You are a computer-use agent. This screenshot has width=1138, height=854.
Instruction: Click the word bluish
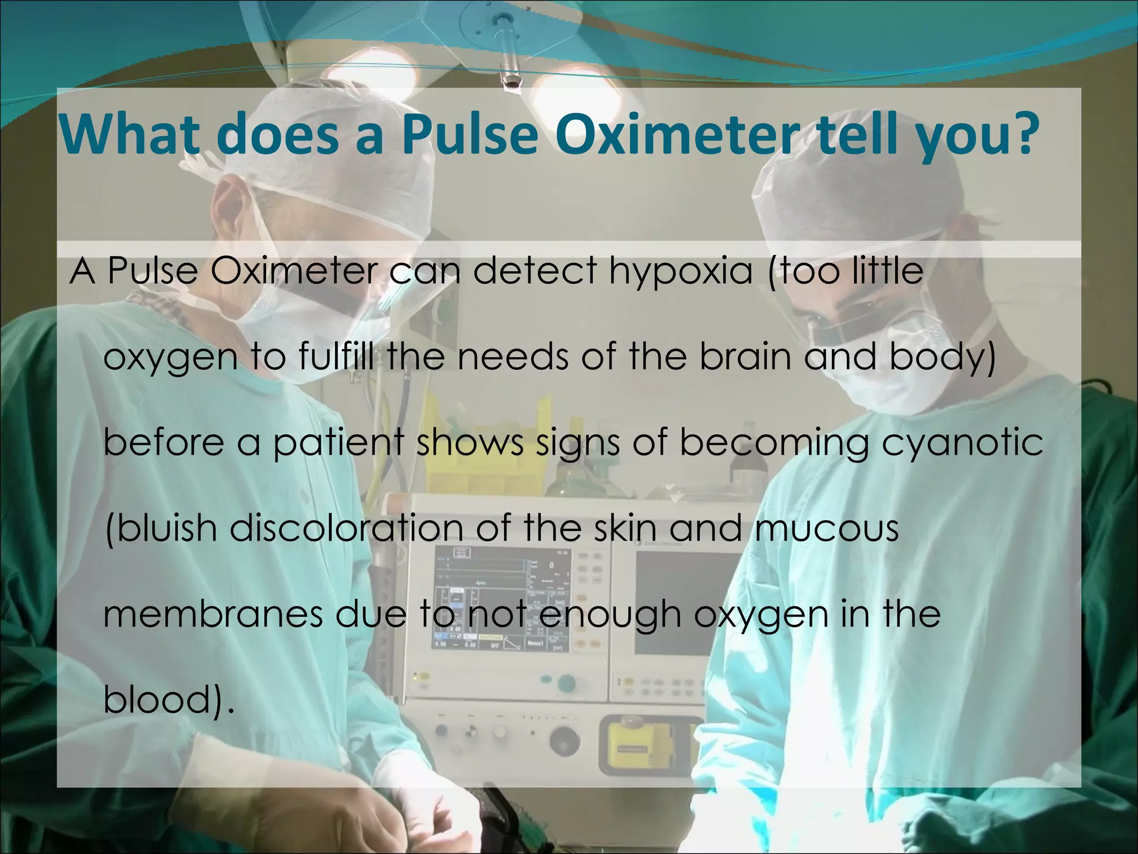tap(161, 528)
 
